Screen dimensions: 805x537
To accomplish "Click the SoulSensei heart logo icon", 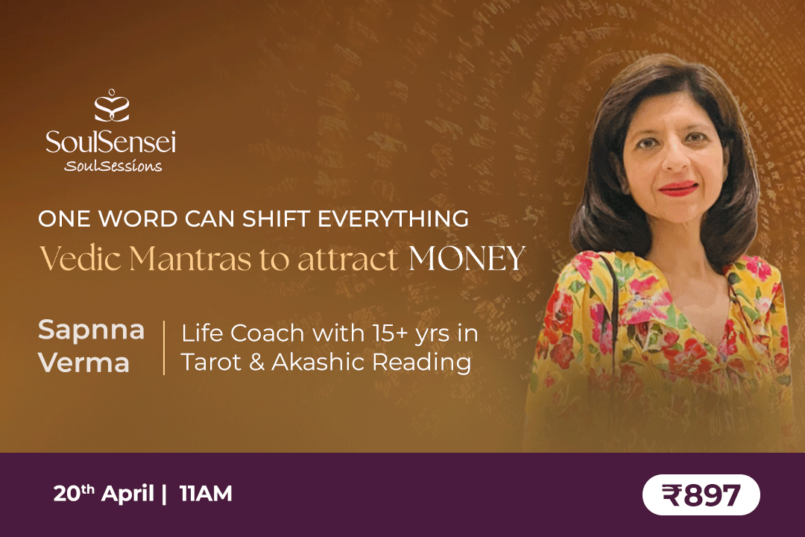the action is (x=111, y=105).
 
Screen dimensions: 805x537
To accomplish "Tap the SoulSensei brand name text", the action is (x=111, y=142).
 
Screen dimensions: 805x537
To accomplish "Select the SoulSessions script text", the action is (x=113, y=166).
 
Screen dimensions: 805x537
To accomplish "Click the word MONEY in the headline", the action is (x=467, y=258).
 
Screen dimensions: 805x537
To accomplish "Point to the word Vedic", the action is (x=80, y=258).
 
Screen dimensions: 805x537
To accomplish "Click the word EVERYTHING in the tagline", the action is (x=394, y=219).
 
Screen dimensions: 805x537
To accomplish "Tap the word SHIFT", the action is (x=276, y=219).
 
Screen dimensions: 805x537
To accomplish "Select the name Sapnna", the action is (x=92, y=330).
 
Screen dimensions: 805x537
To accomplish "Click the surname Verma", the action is (x=84, y=362).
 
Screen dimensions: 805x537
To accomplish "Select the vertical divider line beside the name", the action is (x=164, y=348).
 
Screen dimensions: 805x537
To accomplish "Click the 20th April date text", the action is (x=104, y=493).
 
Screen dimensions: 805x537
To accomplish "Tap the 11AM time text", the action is (x=206, y=494).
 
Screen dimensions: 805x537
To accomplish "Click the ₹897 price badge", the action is (x=701, y=494).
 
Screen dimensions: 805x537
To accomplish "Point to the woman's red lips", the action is (x=678, y=189).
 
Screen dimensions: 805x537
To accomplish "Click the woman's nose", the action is (x=675, y=160).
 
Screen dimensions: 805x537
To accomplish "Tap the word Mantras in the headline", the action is (x=190, y=258).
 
